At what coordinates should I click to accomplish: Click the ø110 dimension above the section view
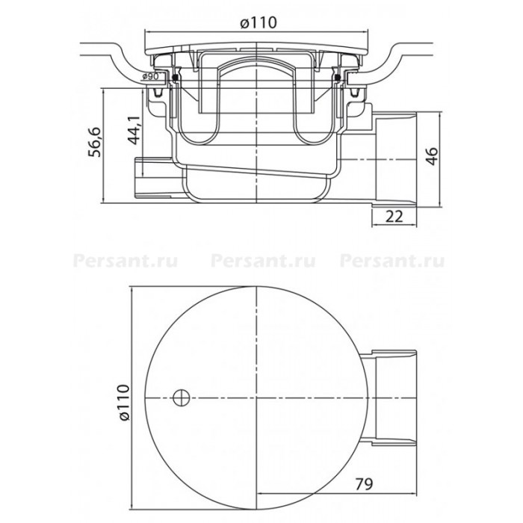coord(259,22)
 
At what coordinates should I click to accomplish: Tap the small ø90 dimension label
coord(149,76)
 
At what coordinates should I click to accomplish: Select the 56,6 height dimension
coord(94,142)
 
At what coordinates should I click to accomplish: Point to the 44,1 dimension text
coord(134,131)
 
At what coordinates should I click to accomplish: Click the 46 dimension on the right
coord(432,155)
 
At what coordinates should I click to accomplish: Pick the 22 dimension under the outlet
coord(394,217)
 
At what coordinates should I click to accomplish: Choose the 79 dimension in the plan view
coord(364,484)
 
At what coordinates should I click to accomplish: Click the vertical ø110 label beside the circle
coord(123,403)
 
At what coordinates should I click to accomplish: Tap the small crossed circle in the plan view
coord(182,398)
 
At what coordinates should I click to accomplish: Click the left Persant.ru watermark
coord(125,261)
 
